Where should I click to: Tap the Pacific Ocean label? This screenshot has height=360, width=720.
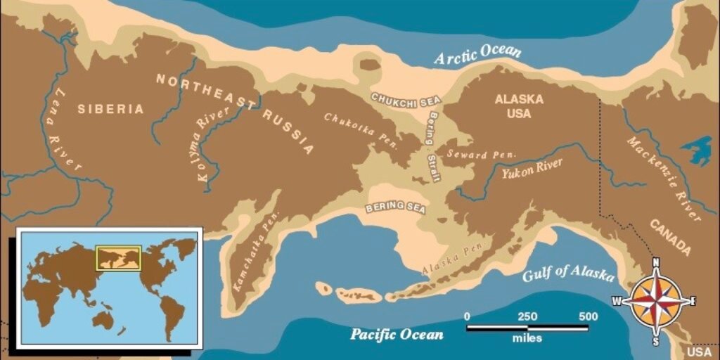(x=397, y=334)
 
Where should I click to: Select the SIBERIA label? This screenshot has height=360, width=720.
(x=110, y=109)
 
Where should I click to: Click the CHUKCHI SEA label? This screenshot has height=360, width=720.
(x=406, y=101)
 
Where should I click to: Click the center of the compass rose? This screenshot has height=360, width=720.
(x=656, y=302)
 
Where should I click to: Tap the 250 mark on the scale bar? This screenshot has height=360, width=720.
(x=527, y=316)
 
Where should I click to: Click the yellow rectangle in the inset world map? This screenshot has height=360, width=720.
(x=118, y=258)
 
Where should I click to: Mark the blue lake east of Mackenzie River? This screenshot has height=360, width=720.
(x=697, y=149)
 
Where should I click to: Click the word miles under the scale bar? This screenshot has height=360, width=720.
(x=527, y=339)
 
